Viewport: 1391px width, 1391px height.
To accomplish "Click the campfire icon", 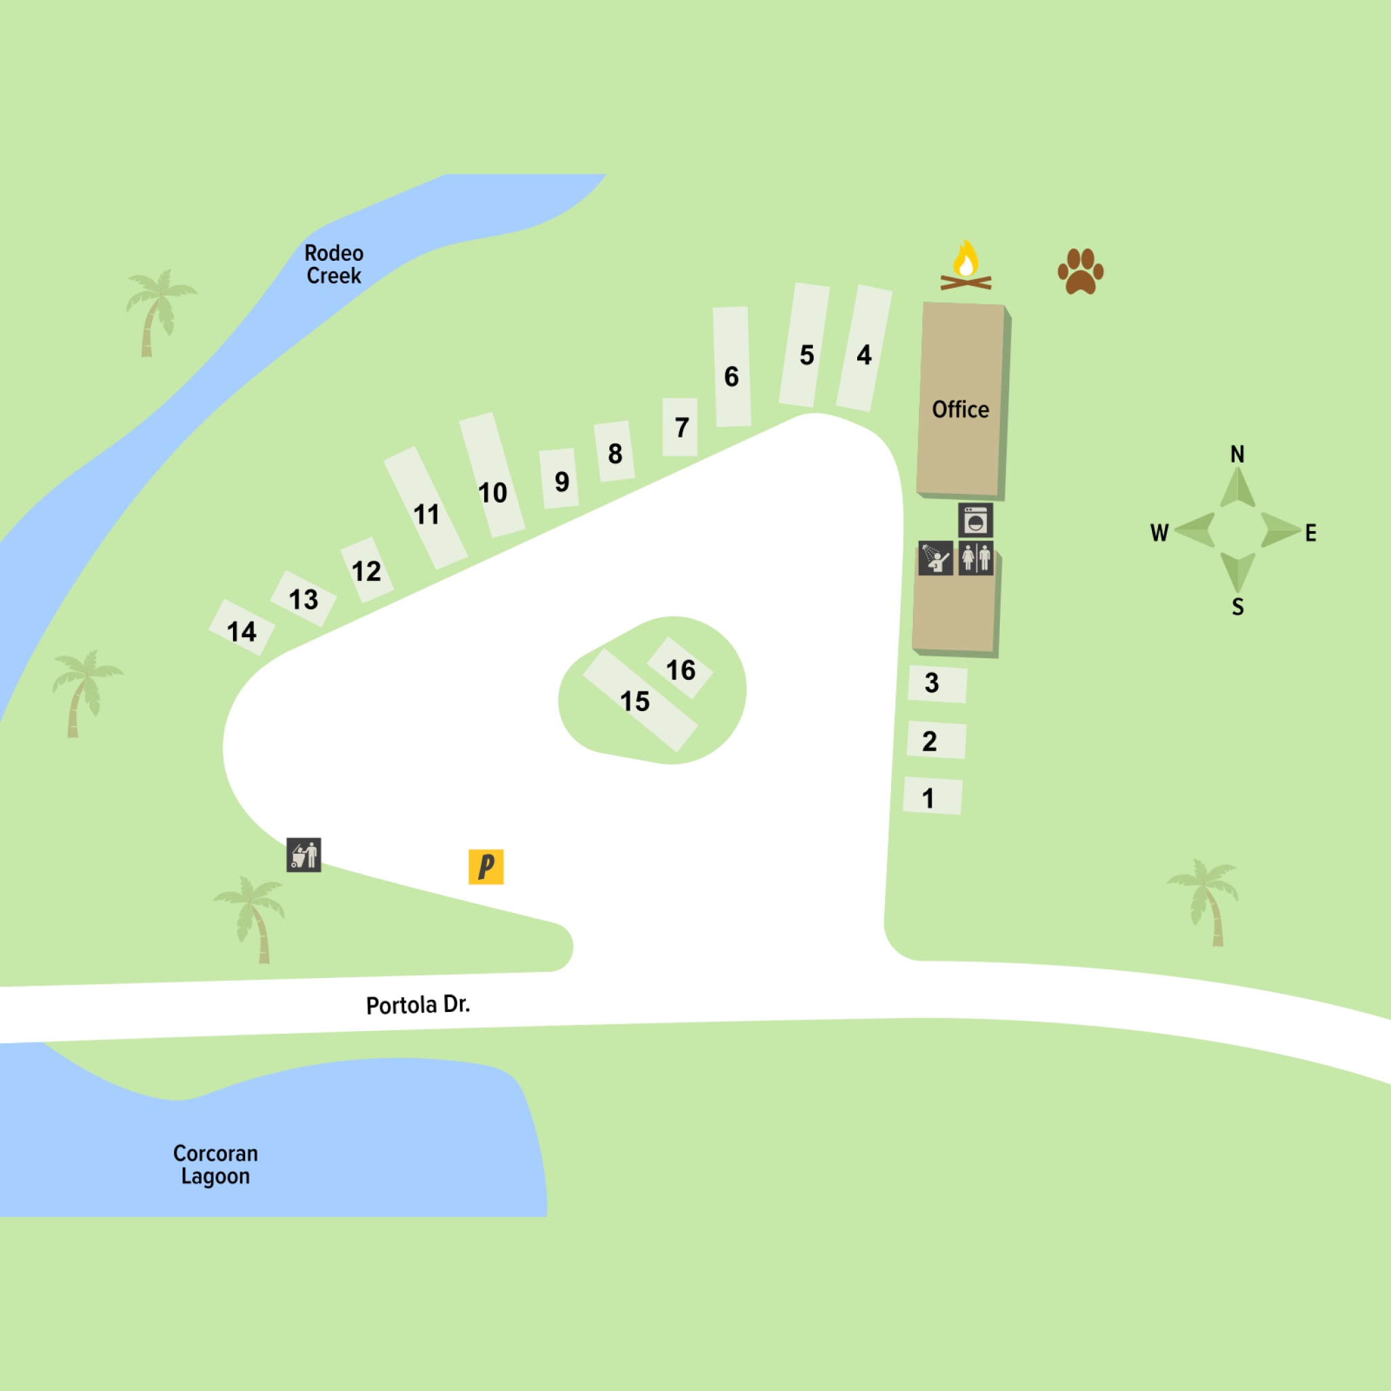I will pyautogui.click(x=966, y=266).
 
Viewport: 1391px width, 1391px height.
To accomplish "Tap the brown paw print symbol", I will pyautogui.click(x=1080, y=272).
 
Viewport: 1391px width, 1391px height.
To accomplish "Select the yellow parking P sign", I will pyautogui.click(x=486, y=866).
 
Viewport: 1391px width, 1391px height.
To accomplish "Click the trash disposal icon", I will pyautogui.click(x=304, y=854).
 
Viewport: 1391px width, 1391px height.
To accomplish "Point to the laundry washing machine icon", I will pyautogui.click(x=975, y=520).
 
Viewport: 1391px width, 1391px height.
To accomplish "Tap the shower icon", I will pyautogui.click(x=935, y=559).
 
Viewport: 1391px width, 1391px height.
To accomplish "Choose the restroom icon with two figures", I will pyautogui.click(x=975, y=559).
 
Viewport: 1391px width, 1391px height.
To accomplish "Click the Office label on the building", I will pyautogui.click(x=960, y=410).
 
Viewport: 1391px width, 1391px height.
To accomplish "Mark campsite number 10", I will pyautogui.click(x=492, y=493).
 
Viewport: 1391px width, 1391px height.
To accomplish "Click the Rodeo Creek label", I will pyautogui.click(x=334, y=264).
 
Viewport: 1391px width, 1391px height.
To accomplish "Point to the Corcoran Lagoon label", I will pyautogui.click(x=215, y=1164).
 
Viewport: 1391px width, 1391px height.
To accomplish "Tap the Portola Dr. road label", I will pyautogui.click(x=418, y=1005).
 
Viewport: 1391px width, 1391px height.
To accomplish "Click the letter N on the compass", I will pyautogui.click(x=1237, y=454).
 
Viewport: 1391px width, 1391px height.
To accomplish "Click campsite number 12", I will pyautogui.click(x=367, y=571).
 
